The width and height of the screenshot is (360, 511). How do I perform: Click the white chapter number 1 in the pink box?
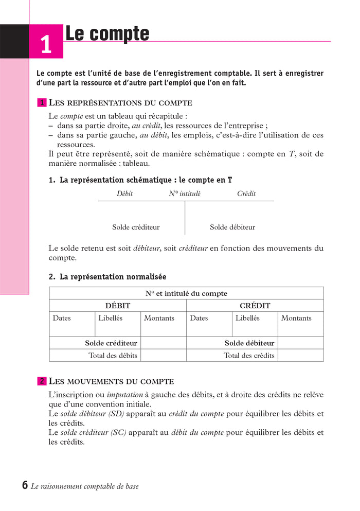46,45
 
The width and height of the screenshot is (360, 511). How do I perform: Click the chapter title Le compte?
107,33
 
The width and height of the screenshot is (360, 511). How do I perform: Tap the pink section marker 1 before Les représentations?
42,103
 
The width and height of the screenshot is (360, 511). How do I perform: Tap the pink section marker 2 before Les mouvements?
42,381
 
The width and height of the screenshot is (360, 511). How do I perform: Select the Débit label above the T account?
124,193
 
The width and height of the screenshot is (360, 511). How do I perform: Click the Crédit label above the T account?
246,193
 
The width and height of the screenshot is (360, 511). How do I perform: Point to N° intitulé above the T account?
185,193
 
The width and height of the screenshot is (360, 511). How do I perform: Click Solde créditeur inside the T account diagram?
136,227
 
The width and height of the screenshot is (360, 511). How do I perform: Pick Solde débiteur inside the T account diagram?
232,227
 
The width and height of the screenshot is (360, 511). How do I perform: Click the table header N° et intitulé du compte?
186,293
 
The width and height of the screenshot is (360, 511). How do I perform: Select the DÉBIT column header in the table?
118,306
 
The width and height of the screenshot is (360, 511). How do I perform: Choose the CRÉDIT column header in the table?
255,306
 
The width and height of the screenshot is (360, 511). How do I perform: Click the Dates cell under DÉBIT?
62,318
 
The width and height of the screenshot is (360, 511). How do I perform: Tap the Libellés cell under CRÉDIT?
247,318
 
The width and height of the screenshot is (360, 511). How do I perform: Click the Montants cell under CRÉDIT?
296,318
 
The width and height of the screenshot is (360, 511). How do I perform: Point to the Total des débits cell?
113,355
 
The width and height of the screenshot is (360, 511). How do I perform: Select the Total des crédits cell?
249,355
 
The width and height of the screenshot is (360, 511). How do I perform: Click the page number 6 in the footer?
25,485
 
